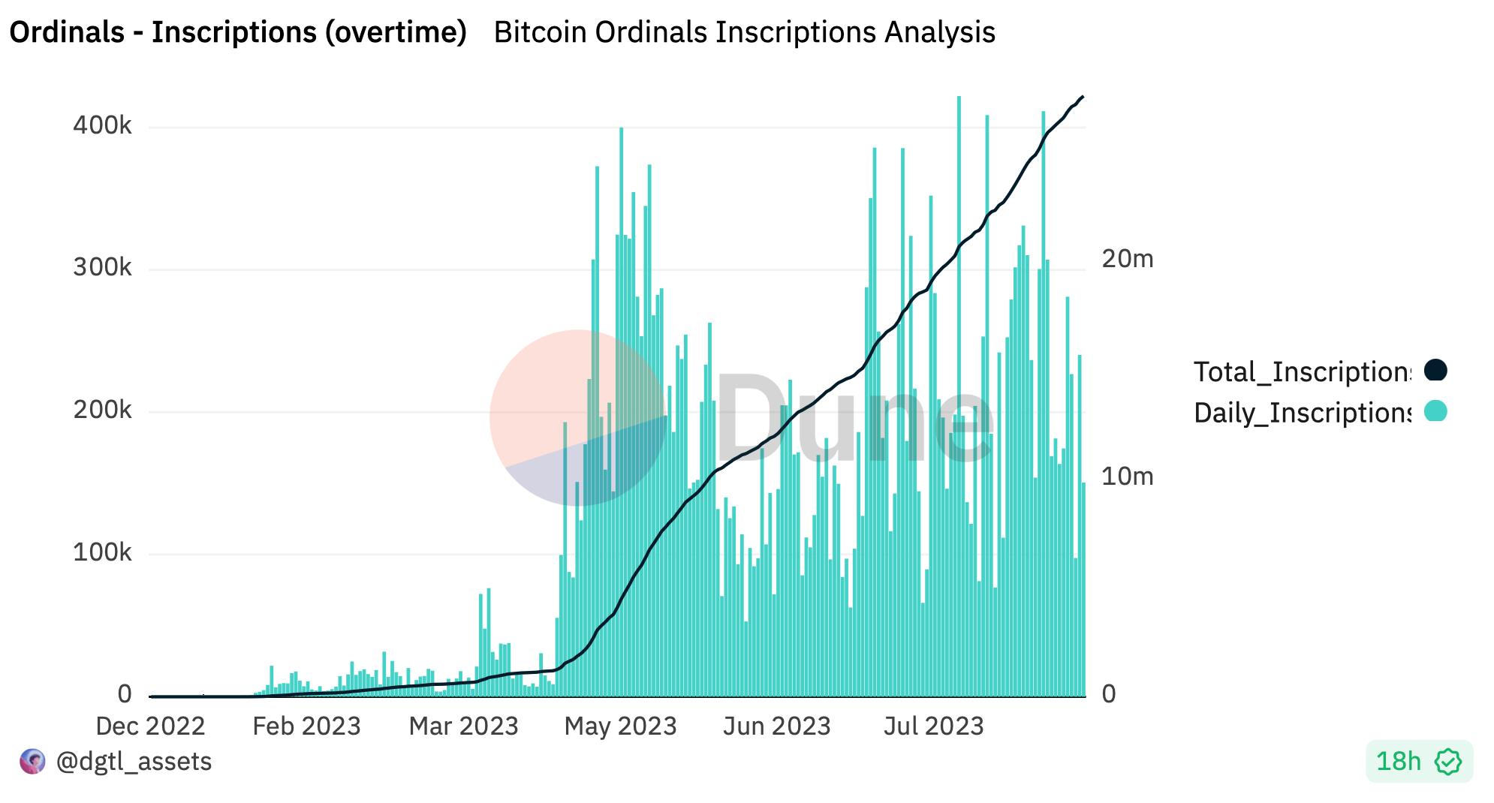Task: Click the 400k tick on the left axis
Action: pos(102,125)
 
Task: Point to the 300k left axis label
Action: pos(102,268)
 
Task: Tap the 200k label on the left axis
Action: pos(102,411)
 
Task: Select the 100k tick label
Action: pos(102,553)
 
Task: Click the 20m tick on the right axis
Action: pos(1127,259)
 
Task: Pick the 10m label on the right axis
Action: pos(1127,477)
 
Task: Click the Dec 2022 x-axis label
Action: pos(150,726)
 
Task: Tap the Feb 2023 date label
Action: pos(306,726)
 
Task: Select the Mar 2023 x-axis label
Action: pos(463,726)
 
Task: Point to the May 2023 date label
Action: pos(620,726)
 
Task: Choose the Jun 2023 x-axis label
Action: pos(776,726)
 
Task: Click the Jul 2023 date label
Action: pos(933,726)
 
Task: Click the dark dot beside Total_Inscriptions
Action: pos(1435,370)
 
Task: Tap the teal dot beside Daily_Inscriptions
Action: pos(1435,411)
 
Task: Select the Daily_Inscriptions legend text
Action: pos(1303,413)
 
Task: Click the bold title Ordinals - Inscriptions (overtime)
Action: pos(238,32)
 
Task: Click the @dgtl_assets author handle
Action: pos(134,762)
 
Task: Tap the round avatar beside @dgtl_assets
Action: pos(32,762)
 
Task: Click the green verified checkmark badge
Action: pos(1447,762)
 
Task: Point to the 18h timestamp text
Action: pos(1398,762)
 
